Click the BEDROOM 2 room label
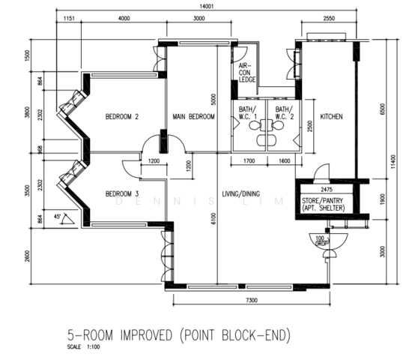122,116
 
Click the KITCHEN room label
331,117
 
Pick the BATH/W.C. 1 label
247,113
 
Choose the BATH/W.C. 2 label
284,113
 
